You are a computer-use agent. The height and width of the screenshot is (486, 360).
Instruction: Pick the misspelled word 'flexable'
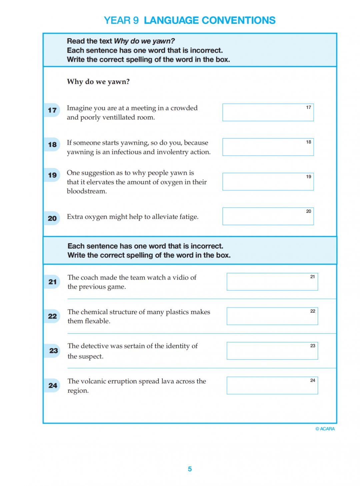tap(98, 321)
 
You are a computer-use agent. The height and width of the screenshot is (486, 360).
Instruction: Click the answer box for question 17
tap(268, 112)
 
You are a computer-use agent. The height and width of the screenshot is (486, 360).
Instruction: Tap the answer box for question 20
tap(268, 216)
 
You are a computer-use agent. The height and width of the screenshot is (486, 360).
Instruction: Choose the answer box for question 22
tap(272, 316)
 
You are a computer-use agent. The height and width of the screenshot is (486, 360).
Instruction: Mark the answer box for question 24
tap(272, 385)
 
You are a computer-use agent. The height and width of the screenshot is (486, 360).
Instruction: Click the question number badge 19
tap(52, 175)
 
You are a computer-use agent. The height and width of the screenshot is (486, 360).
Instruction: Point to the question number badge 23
tap(53, 351)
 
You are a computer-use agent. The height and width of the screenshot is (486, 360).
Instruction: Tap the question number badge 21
tap(52, 282)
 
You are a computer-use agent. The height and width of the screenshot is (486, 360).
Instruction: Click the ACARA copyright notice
tap(325, 429)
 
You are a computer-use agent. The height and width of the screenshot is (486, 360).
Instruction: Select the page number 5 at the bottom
tap(190, 469)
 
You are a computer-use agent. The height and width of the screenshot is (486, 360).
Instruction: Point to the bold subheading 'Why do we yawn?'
tap(98, 82)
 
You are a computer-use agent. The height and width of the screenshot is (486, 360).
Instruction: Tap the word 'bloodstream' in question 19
tap(86, 191)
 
